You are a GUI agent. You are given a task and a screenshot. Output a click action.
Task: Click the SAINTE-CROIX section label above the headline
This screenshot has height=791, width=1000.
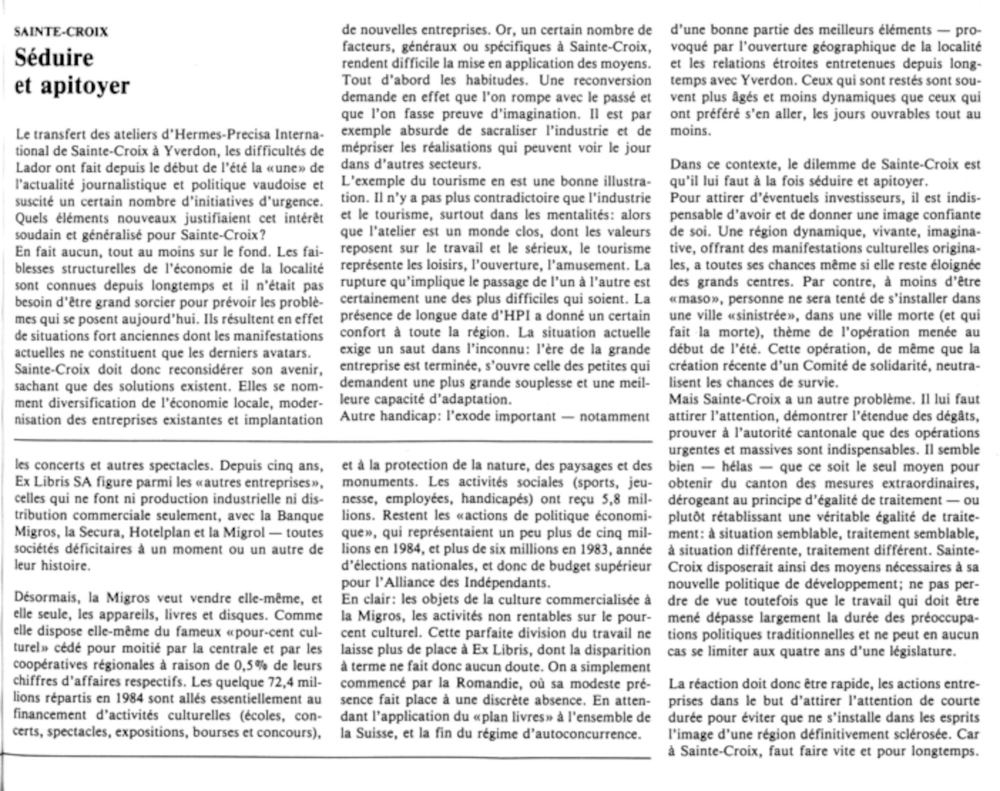61,32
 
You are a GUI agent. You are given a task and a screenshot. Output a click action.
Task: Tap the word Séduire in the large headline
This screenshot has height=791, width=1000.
53,58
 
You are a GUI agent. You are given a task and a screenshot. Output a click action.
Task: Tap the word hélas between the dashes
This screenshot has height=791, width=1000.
736,467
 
